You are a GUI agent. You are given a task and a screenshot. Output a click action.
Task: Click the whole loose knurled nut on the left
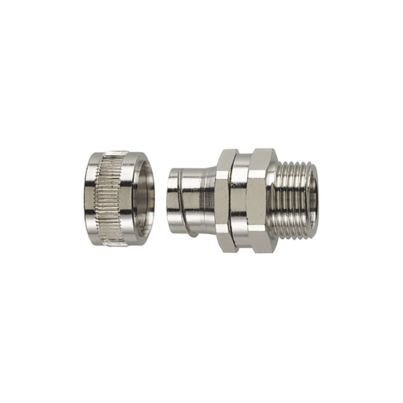click(119, 198)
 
